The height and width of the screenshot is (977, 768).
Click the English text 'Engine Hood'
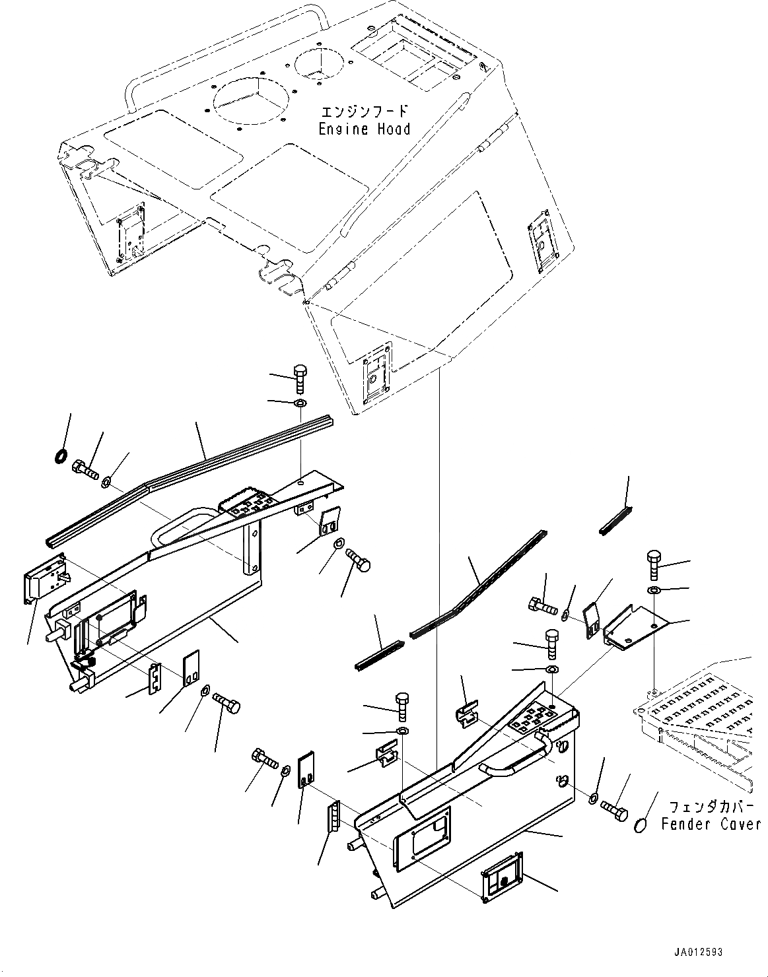tap(364, 129)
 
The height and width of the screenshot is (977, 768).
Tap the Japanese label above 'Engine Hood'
tap(364, 110)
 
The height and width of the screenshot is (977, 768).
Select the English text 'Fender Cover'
tap(710, 824)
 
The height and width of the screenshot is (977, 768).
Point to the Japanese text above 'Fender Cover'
tap(710, 807)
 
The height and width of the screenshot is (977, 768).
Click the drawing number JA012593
tap(698, 952)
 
